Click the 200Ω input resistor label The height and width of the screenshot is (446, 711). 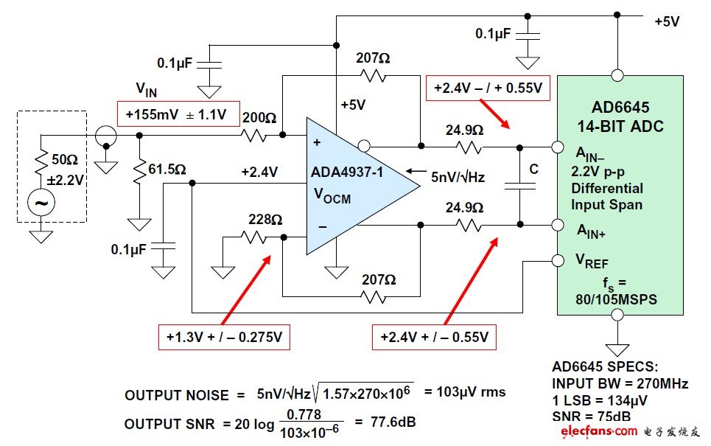[x=261, y=119]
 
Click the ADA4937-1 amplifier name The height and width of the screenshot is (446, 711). [x=351, y=173]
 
